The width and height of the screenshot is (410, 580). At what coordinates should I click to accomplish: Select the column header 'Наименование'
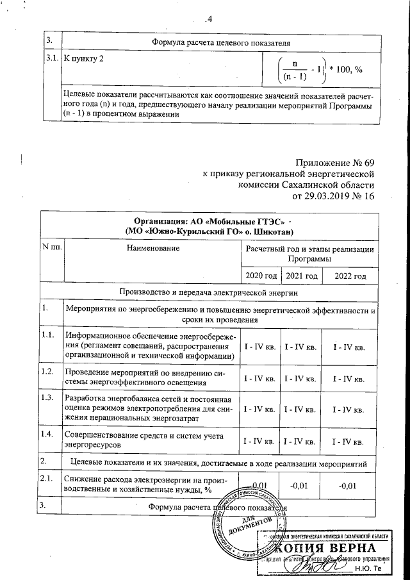pyautogui.click(x=152, y=247)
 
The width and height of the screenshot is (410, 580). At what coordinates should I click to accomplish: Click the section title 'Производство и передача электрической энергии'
pyautogui.click(x=208, y=292)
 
